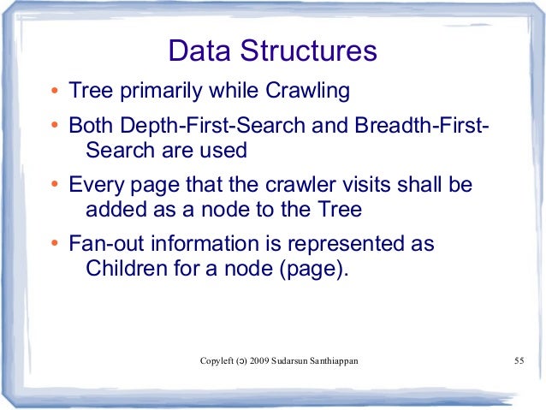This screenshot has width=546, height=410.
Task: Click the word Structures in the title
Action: [x=310, y=51]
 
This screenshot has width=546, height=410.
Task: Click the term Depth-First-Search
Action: [x=217, y=127]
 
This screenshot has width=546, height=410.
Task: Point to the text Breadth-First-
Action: [x=418, y=127]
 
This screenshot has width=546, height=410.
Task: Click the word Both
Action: [x=91, y=127]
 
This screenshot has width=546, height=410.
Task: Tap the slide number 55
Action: [x=518, y=360]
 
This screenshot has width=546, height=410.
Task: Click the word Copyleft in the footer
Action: [x=217, y=360]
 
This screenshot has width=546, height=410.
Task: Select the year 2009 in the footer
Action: [x=260, y=360]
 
